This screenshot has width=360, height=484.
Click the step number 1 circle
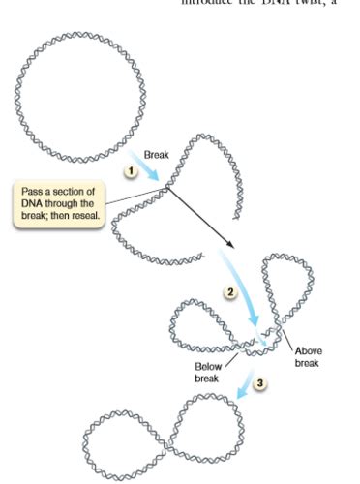(127, 170)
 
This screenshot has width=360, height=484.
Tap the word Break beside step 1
(157, 154)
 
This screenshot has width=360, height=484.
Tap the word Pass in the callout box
(33, 190)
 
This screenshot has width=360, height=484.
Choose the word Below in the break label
(208, 368)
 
